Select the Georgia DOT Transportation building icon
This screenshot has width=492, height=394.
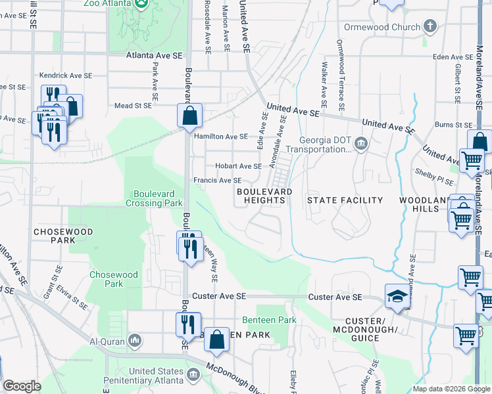(x=361, y=144)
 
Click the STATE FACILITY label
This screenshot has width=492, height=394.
(x=345, y=200)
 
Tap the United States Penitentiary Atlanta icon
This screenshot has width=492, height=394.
(x=193, y=375)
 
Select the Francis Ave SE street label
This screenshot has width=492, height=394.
(x=216, y=180)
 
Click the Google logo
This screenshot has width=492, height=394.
(x=22, y=386)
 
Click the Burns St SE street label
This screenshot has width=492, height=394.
(x=453, y=124)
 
